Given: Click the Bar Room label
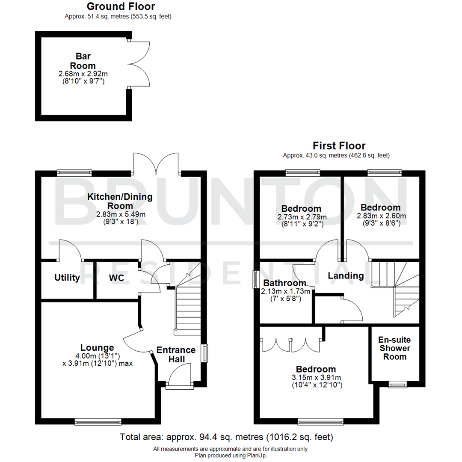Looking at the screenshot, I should click(x=83, y=61).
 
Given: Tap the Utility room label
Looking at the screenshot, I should click(x=67, y=278).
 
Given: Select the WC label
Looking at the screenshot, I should click(x=116, y=278).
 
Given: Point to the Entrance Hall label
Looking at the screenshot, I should click(x=176, y=354).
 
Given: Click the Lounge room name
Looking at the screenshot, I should click(x=97, y=347).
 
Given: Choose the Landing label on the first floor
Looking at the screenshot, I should click(x=346, y=276).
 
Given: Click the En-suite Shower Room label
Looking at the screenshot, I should click(x=394, y=348).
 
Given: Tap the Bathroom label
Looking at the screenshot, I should click(x=284, y=283).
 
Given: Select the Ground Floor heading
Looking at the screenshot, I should click(x=121, y=6).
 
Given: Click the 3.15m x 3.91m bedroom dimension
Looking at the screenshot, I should click(x=317, y=377).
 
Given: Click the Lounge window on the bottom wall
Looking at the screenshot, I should click(x=98, y=422).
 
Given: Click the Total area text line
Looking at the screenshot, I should click(x=227, y=438).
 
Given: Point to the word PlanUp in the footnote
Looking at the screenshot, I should click(x=256, y=456).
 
